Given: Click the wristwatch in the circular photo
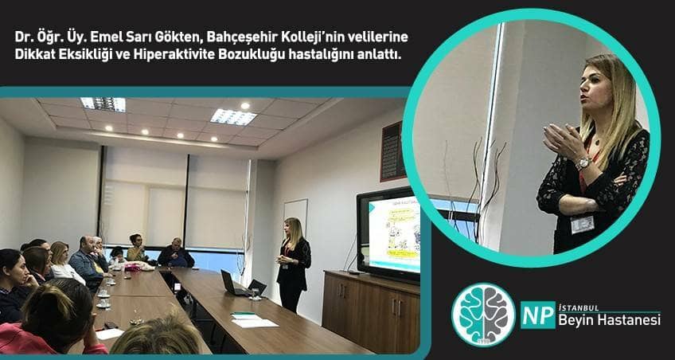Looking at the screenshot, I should [583, 162].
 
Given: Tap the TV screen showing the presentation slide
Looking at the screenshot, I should [392, 233].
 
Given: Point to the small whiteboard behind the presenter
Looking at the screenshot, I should [295, 215].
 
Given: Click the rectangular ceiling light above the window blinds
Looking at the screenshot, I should [233, 116].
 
